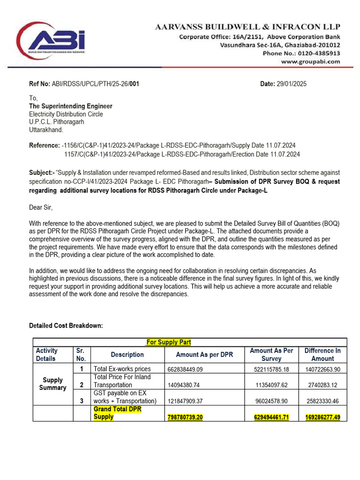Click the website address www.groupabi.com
pos(310,61)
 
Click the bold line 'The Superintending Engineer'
pos(71,106)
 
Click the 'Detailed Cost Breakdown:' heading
pos(66,326)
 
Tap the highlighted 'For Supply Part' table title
pos(169,342)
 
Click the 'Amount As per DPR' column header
pos(204,354)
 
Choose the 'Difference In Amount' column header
pos(322,354)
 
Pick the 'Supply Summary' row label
pos(52,384)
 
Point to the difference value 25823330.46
pos(322,401)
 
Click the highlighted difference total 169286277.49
pos(322,417)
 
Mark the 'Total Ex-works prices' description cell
pos(122,369)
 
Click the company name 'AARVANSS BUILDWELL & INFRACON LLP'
pos(248,27)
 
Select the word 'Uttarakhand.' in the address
pos(46,129)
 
